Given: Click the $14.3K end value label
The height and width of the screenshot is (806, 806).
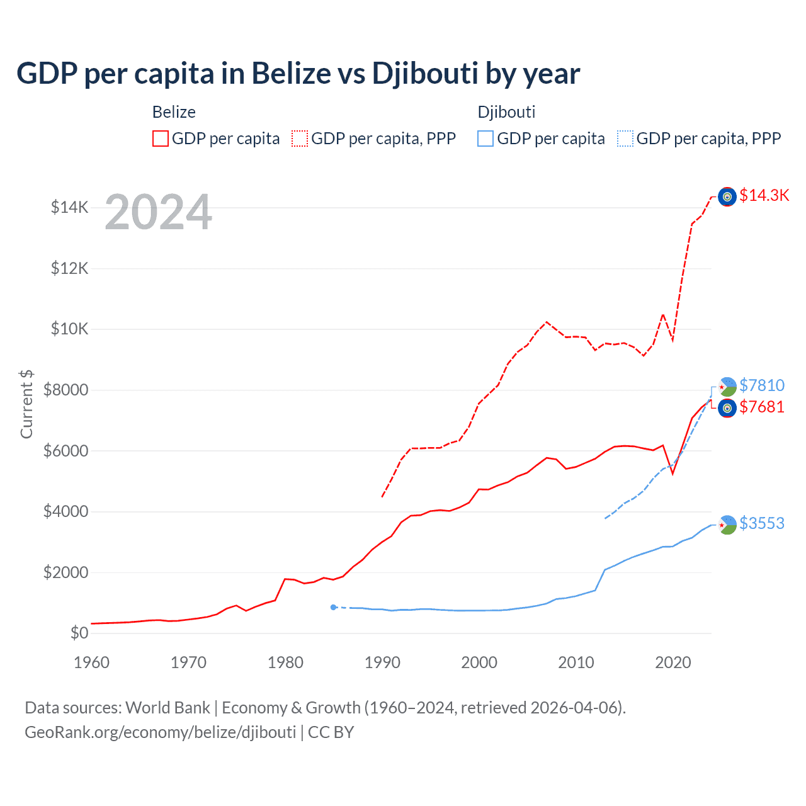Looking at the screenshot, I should [x=764, y=195].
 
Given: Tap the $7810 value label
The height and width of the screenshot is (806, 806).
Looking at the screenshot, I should [x=761, y=385].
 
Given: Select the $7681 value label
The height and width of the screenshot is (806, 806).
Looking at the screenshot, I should [x=761, y=407].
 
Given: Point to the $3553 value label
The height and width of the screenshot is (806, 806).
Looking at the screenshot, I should [x=761, y=523].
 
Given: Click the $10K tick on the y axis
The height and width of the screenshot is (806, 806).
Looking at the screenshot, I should [x=70, y=329].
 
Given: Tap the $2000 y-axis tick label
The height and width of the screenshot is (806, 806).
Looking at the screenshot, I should [x=65, y=572].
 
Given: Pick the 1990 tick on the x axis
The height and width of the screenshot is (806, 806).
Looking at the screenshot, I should [x=382, y=662].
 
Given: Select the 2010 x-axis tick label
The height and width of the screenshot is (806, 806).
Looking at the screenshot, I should [x=576, y=662].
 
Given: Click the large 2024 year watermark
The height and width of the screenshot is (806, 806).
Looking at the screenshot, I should [x=158, y=212].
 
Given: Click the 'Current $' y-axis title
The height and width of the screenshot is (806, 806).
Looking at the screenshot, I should [x=26, y=404].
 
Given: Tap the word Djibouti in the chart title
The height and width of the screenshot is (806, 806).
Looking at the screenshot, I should [x=425, y=74].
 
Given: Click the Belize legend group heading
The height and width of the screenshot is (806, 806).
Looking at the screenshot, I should [x=174, y=112].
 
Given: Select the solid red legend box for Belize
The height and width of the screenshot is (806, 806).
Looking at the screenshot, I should [x=161, y=139].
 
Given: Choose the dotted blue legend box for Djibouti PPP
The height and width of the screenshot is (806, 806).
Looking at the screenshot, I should [x=625, y=139].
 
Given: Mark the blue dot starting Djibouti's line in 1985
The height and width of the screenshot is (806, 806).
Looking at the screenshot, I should [x=333, y=607].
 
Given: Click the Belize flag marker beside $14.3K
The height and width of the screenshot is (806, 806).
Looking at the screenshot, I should [x=727, y=197].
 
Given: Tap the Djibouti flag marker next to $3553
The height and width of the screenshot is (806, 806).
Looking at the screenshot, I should [x=727, y=525].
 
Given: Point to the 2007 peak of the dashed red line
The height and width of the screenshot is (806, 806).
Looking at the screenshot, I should [x=547, y=322].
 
